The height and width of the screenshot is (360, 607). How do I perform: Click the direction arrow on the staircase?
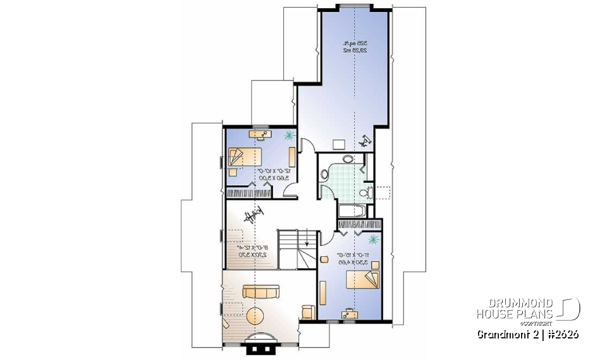[x=307, y=241]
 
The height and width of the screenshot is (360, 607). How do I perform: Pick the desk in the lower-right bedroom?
[x=348, y=312]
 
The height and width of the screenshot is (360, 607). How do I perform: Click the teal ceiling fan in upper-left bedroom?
[x=289, y=135]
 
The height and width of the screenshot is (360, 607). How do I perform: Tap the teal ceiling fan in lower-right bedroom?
[x=374, y=239]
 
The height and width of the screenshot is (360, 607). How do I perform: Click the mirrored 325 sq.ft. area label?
[x=356, y=46]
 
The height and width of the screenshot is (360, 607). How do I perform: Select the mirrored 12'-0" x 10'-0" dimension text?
[x=262, y=175]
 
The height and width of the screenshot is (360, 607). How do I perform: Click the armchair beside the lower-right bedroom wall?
[x=308, y=312]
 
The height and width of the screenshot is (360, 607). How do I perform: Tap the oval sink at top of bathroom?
[x=348, y=159]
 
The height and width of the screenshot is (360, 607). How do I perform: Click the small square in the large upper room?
[x=338, y=144]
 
